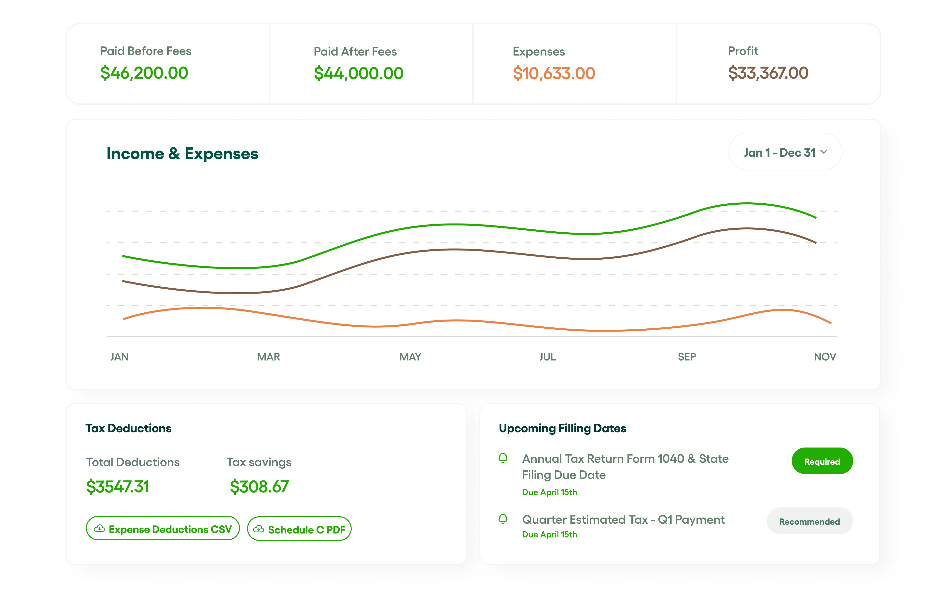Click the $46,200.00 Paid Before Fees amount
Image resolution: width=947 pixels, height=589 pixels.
coord(144,73)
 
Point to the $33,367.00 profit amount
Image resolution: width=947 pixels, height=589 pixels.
coord(768,73)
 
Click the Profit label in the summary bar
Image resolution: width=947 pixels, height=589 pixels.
coord(743,51)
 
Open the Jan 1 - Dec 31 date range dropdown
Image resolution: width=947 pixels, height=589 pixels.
coord(785,152)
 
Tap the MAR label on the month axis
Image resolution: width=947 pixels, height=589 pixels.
coord(268,357)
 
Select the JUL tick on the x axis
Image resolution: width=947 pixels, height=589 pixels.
coord(547,357)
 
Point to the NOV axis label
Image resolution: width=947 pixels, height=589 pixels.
coord(825,357)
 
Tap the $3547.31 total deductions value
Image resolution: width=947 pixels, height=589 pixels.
coord(118,487)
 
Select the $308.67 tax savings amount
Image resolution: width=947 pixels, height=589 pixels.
coord(259,487)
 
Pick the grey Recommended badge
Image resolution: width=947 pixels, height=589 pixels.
coord(809,521)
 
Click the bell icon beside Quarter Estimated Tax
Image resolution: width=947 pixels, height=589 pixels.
coord(503,519)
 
